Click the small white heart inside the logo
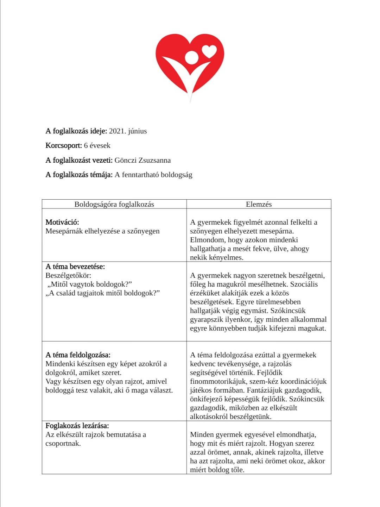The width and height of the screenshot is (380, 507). point(210,51)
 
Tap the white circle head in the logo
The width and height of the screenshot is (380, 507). point(192,57)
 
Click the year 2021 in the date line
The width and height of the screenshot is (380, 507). point(117,131)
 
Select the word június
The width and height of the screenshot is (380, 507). point(137,131)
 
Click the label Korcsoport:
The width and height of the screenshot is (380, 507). point(64,145)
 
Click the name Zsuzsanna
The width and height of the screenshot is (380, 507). point(154,160)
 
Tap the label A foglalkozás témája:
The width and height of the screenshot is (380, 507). point(79,175)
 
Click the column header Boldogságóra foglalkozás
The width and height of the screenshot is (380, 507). point(114,204)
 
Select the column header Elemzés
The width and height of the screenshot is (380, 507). point(259,204)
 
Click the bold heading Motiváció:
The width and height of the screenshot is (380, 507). point(62,222)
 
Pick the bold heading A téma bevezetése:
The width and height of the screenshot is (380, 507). point(75,267)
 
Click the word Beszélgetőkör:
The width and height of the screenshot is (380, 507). point(68,275)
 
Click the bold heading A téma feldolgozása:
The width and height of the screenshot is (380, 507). point(78,355)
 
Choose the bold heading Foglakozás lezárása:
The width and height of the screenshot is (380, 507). point(77,426)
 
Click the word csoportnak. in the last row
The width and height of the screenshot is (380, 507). point(63,443)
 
